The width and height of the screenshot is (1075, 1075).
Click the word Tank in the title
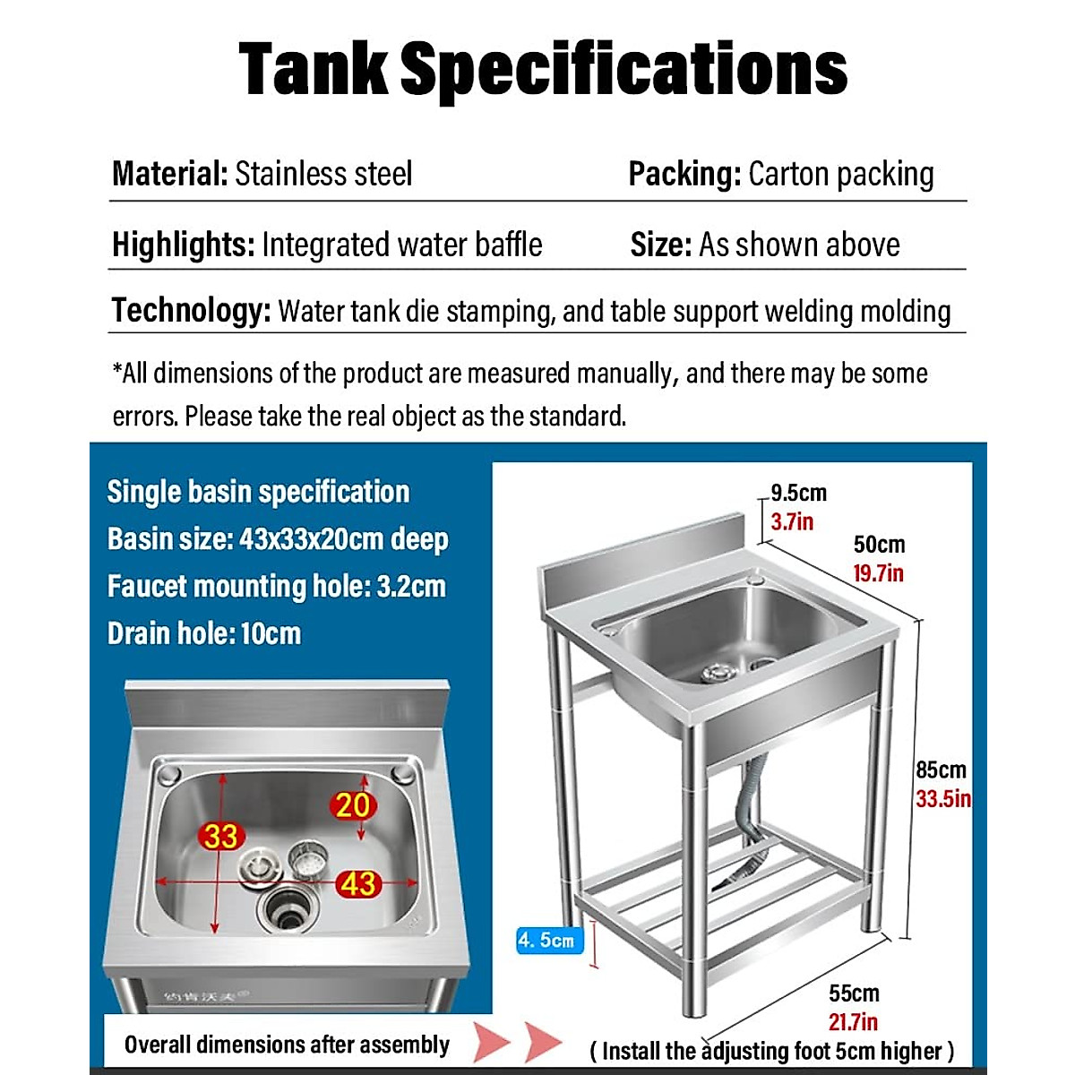pyautogui.click(x=314, y=70)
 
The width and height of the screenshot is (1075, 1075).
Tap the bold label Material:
pyautogui.click(x=170, y=174)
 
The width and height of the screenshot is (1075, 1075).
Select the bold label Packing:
pyautogui.click(x=684, y=174)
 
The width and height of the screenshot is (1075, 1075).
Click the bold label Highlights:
pyautogui.click(x=184, y=245)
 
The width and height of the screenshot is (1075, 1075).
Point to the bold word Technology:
pyautogui.click(x=191, y=311)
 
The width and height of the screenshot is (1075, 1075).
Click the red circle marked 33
pyautogui.click(x=220, y=836)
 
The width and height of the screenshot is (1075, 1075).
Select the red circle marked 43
pyautogui.click(x=358, y=884)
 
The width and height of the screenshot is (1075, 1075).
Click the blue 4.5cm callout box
pyautogui.click(x=546, y=941)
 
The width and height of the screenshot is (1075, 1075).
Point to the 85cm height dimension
pyautogui.click(x=941, y=770)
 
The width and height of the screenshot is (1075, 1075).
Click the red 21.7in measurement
pyautogui.click(x=853, y=1022)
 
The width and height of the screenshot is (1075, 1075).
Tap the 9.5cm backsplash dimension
pyautogui.click(x=798, y=493)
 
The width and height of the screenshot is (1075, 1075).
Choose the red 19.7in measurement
pyautogui.click(x=878, y=573)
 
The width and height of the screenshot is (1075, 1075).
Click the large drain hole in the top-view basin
pyautogui.click(x=287, y=912)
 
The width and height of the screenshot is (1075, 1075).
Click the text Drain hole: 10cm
pyautogui.click(x=204, y=634)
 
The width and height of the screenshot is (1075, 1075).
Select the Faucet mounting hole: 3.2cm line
pyautogui.click(x=276, y=587)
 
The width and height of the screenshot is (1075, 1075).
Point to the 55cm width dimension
pyautogui.click(x=853, y=993)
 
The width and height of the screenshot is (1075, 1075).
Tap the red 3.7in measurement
pyautogui.click(x=792, y=521)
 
